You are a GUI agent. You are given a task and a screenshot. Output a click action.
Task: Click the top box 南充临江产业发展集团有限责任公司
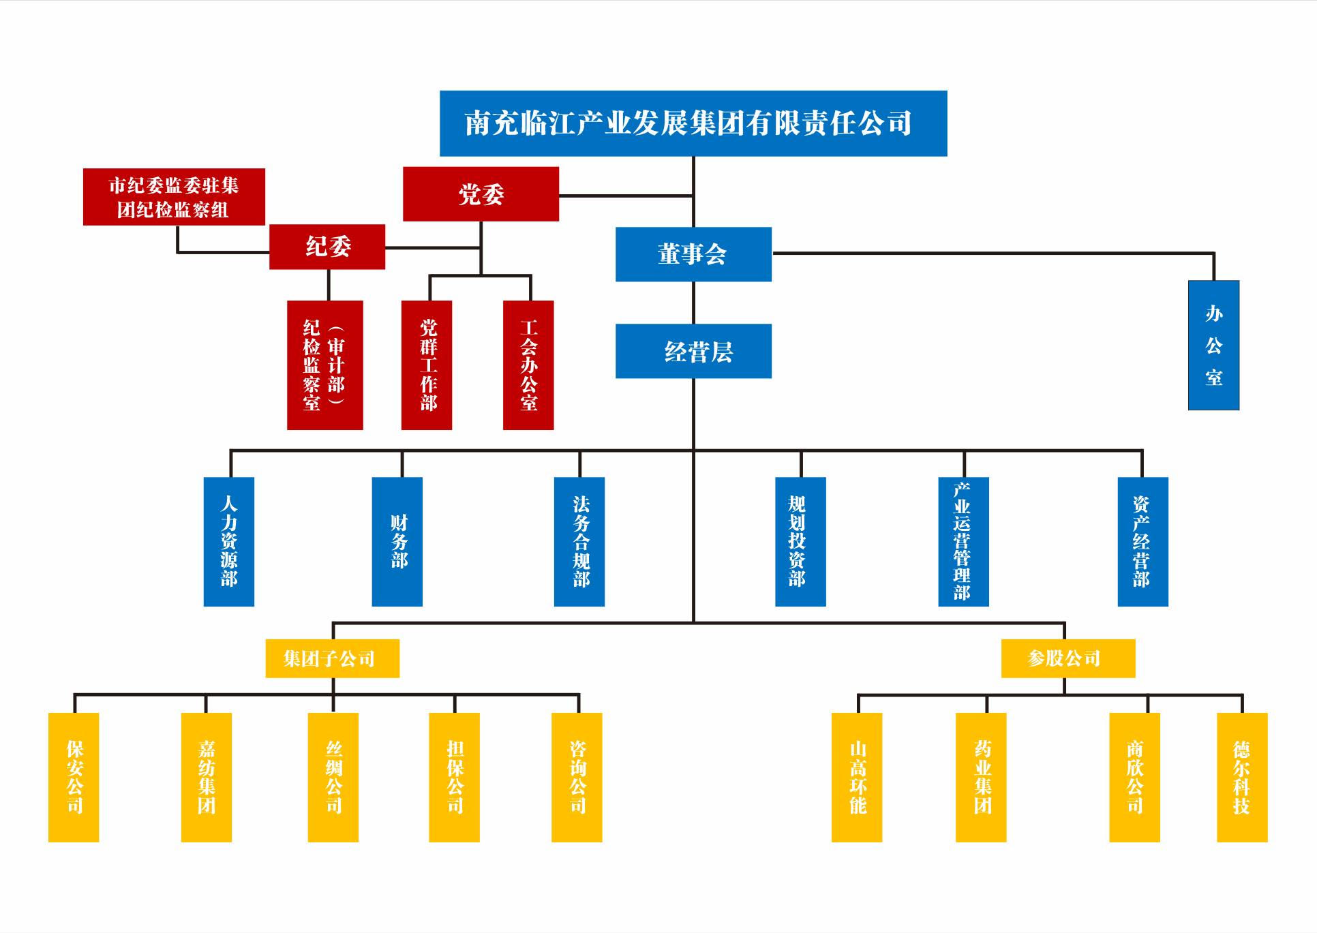coord(693,123)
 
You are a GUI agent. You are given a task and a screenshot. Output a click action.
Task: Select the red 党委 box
coord(481,194)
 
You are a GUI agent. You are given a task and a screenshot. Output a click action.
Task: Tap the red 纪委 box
coord(327,247)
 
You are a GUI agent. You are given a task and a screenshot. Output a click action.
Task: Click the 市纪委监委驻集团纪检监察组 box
coord(174,197)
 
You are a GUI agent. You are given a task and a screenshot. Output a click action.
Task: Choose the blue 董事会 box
coord(693,254)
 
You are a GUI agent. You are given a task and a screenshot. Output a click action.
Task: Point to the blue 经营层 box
coord(693,351)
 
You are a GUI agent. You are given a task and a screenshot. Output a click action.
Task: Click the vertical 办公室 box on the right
coord(1213,345)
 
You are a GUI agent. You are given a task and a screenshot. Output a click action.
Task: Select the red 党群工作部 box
coord(427,365)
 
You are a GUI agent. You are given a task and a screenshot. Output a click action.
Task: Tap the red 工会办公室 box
coord(528,365)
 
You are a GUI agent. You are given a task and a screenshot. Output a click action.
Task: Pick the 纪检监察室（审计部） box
coord(324,365)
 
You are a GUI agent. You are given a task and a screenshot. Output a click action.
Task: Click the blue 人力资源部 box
coord(229,542)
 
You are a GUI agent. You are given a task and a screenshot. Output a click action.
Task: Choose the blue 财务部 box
coord(397,542)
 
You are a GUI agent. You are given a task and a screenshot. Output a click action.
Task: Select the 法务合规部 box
coord(579,542)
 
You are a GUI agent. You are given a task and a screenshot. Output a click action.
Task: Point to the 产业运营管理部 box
coord(963,542)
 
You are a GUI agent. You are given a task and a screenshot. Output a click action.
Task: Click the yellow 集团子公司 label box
coord(332,658)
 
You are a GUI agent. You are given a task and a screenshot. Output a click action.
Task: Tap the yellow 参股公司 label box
coord(1068,658)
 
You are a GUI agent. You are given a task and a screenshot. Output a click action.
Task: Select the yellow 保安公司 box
coord(74,777)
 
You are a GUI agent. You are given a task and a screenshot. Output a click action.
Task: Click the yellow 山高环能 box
coord(857,777)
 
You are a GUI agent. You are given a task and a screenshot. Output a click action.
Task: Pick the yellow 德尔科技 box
coord(1242,777)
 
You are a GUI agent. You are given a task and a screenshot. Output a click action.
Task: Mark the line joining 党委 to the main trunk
coord(625,196)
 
